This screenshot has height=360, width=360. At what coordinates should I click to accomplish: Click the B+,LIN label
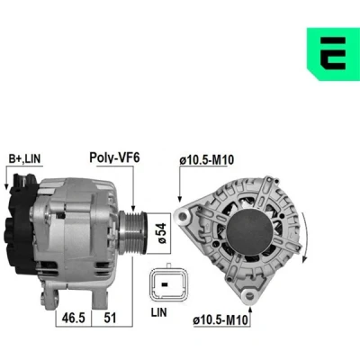click(x=24, y=158)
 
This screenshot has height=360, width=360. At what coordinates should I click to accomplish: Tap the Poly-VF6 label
click(x=114, y=157)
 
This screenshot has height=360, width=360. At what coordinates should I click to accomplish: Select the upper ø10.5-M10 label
click(x=207, y=160)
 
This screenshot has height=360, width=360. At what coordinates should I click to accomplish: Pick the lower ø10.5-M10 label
click(x=221, y=320)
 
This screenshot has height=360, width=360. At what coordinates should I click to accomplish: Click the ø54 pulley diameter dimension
click(x=162, y=233)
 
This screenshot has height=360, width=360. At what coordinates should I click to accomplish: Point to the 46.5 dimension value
click(x=74, y=318)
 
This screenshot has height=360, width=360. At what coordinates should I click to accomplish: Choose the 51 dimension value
click(x=110, y=318)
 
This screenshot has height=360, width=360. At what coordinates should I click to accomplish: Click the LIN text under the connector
click(x=158, y=312)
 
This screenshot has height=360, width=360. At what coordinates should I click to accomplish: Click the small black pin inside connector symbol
click(x=164, y=283)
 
